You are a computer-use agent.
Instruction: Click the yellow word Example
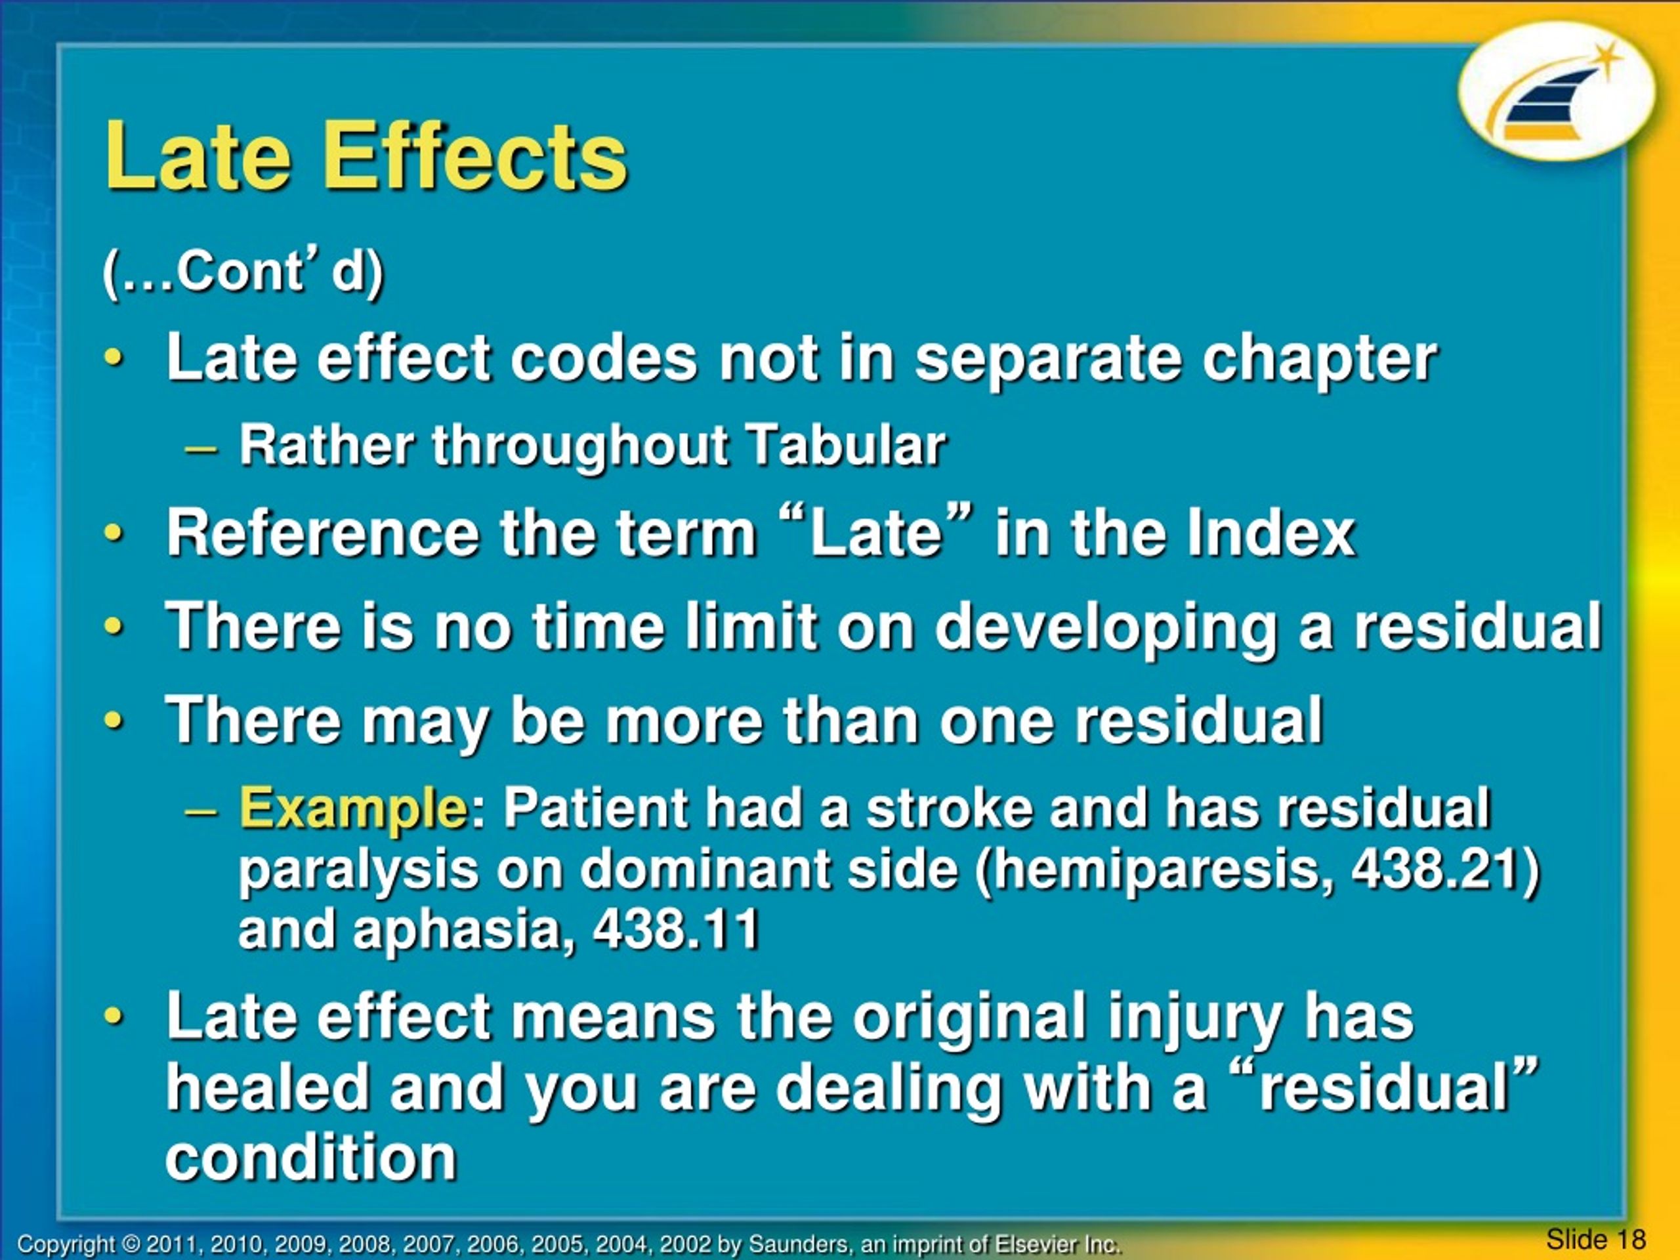(x=353, y=808)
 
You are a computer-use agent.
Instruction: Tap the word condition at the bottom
(x=312, y=1158)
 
